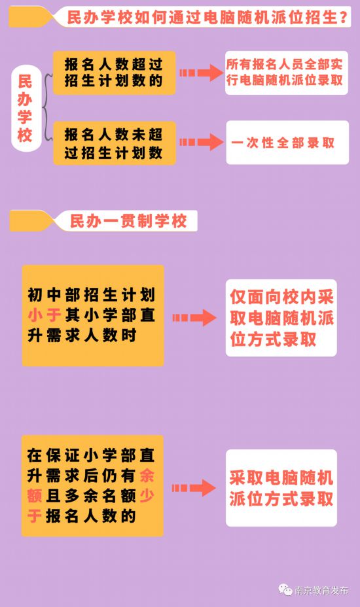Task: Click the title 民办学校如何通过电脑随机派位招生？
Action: click(207, 18)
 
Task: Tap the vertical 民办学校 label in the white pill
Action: click(25, 109)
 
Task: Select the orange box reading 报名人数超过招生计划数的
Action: click(115, 73)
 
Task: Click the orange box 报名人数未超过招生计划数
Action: click(115, 143)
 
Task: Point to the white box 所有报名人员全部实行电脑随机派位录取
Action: click(287, 73)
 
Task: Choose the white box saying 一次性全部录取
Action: click(287, 143)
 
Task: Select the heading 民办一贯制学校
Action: click(128, 221)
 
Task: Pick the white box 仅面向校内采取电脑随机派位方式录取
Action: click(281, 318)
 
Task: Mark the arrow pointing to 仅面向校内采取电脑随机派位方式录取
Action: click(194, 318)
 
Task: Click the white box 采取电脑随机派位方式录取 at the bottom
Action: click(281, 488)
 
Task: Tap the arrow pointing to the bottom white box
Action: click(194, 488)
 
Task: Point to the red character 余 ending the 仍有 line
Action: click(147, 476)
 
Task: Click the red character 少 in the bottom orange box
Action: click(147, 496)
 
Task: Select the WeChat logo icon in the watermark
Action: click(285, 589)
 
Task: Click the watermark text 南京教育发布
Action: click(321, 590)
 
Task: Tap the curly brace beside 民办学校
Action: click(47, 108)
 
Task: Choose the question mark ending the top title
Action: click(344, 18)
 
